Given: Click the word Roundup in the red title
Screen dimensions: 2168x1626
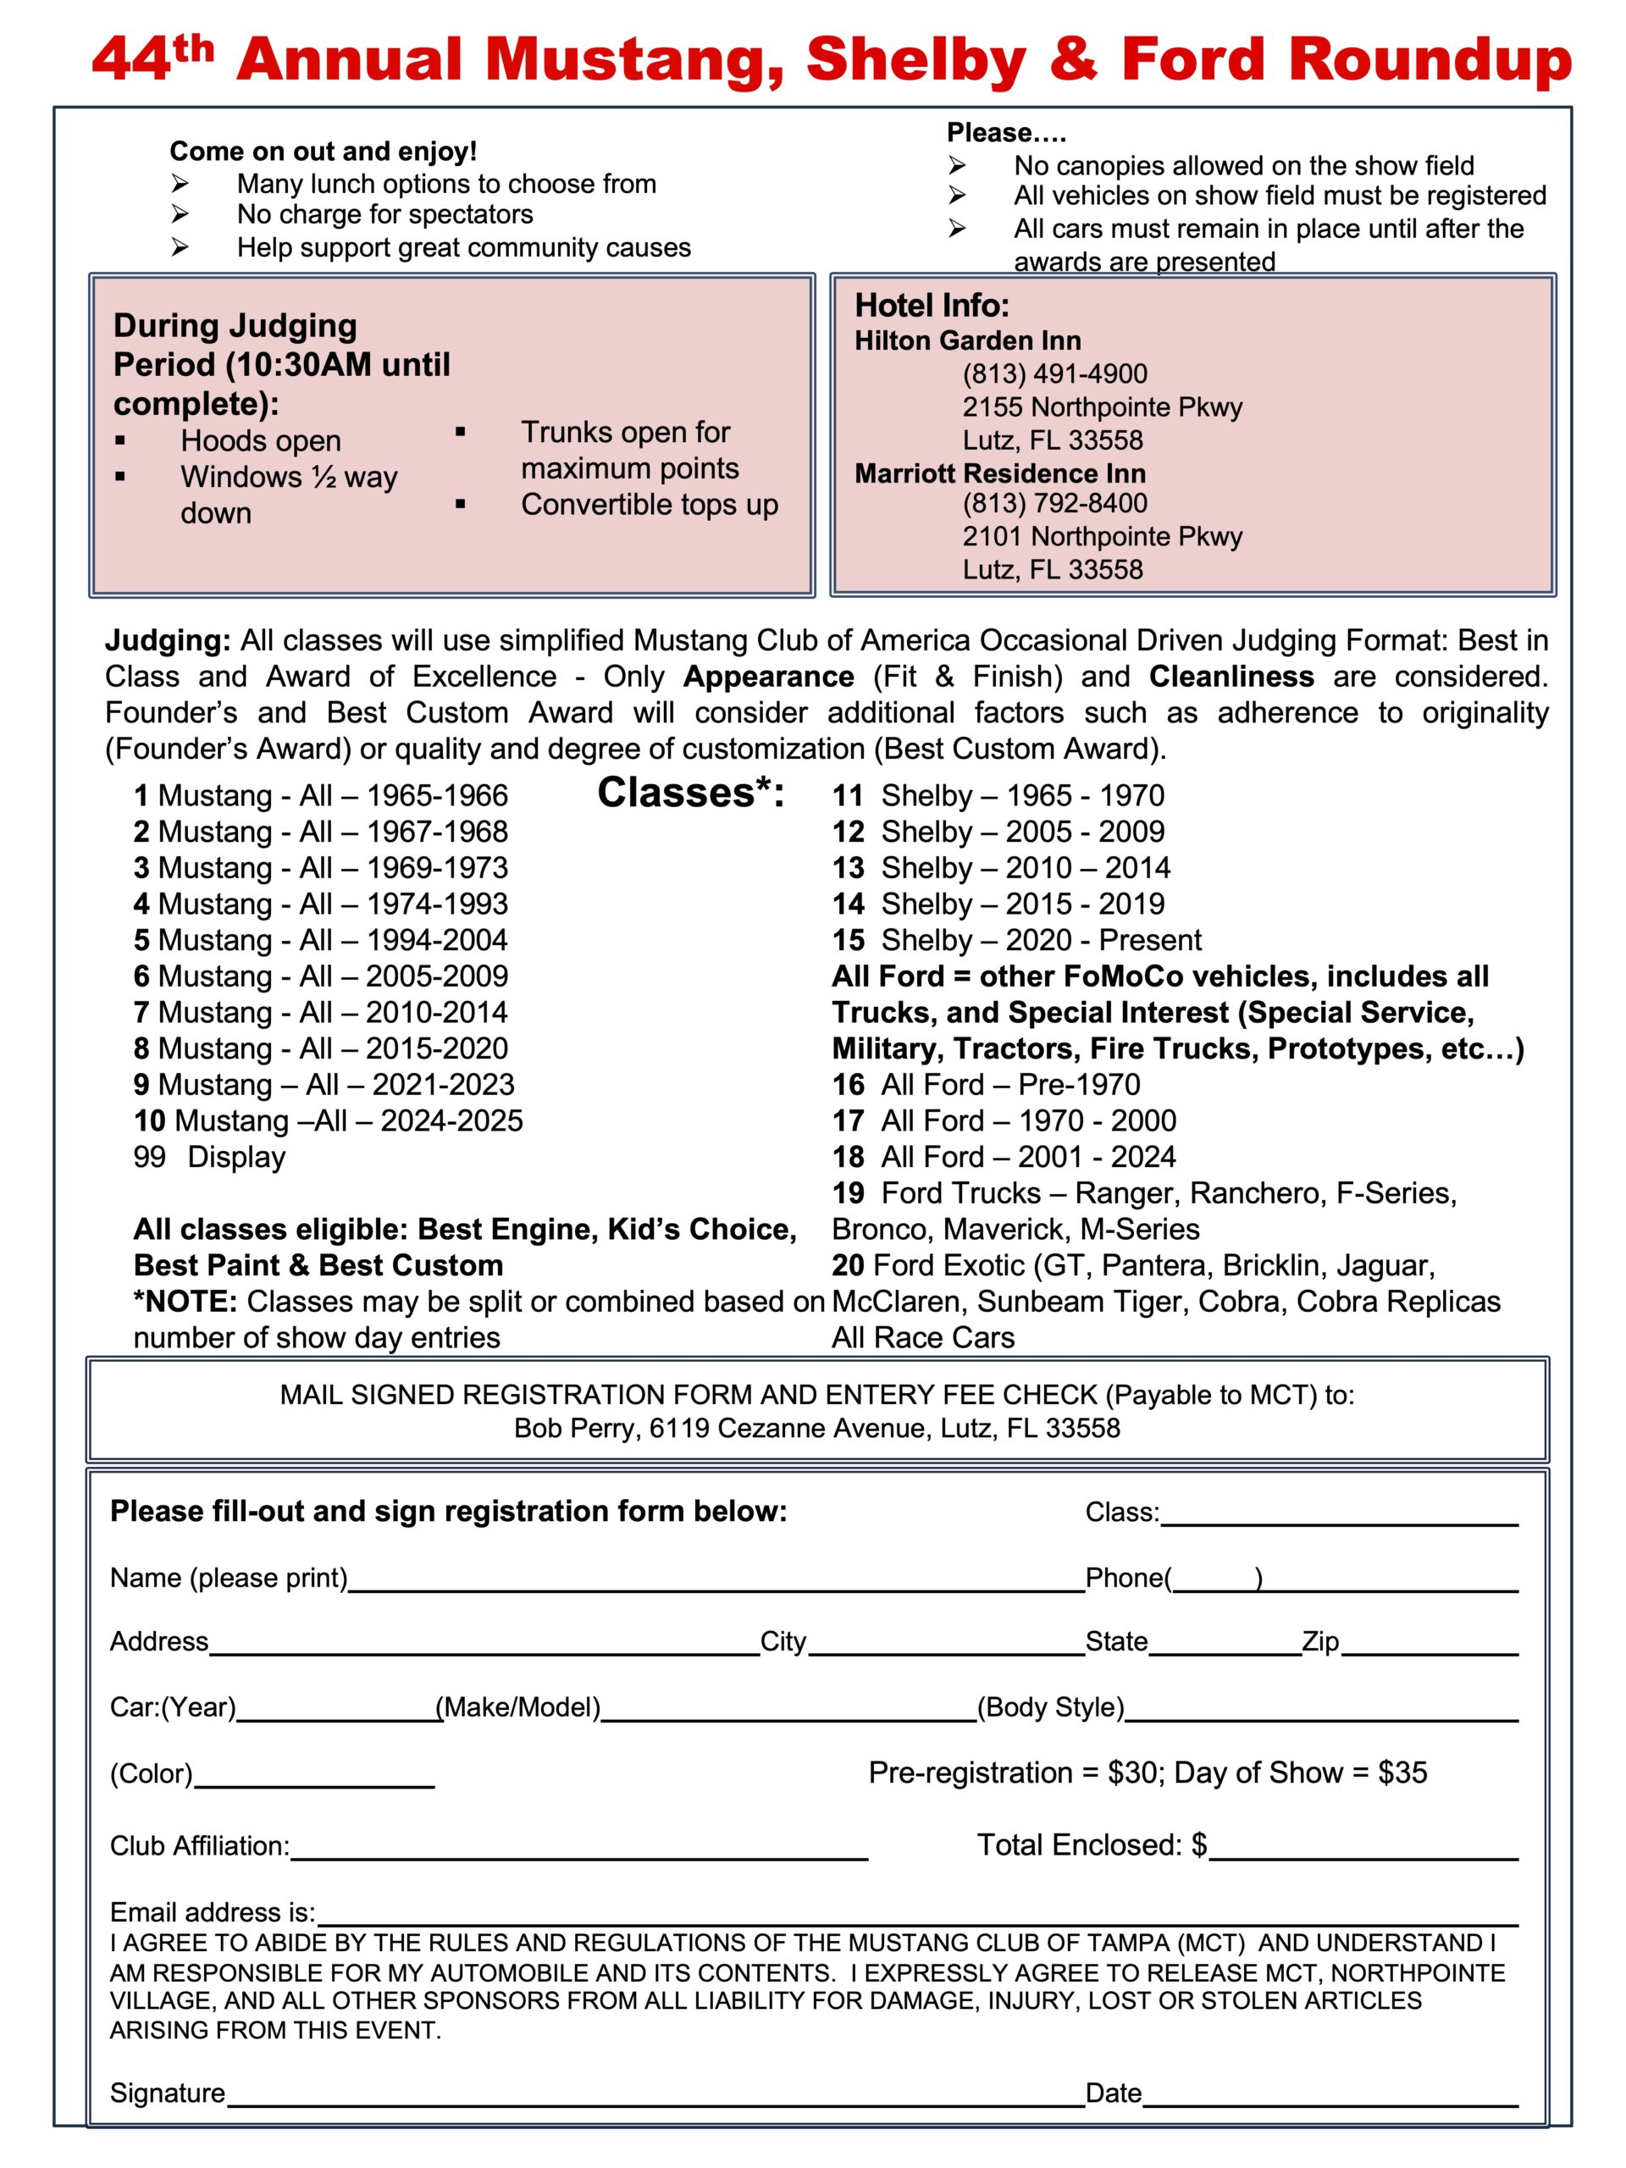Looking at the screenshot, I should click(1429, 61).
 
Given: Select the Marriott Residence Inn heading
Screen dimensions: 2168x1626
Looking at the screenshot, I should click(999, 473).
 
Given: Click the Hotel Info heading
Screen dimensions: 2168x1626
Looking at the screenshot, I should click(931, 306).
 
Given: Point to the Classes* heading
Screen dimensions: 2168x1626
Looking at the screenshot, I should click(691, 793).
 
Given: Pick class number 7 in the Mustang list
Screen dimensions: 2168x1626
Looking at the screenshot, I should click(141, 1013).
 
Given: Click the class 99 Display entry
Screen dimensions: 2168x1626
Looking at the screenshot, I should click(209, 1158).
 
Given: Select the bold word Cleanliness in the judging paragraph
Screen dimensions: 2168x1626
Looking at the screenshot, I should click(1231, 677).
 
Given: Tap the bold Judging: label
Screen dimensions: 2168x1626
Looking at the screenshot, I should click(168, 641).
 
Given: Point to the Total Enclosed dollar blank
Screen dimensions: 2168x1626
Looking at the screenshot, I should click(1363, 1852).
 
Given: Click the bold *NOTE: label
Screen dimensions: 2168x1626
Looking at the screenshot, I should click(185, 1302).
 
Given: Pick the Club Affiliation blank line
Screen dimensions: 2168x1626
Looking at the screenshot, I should click(578, 1852).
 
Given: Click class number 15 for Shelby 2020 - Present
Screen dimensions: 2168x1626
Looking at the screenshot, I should click(848, 941).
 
